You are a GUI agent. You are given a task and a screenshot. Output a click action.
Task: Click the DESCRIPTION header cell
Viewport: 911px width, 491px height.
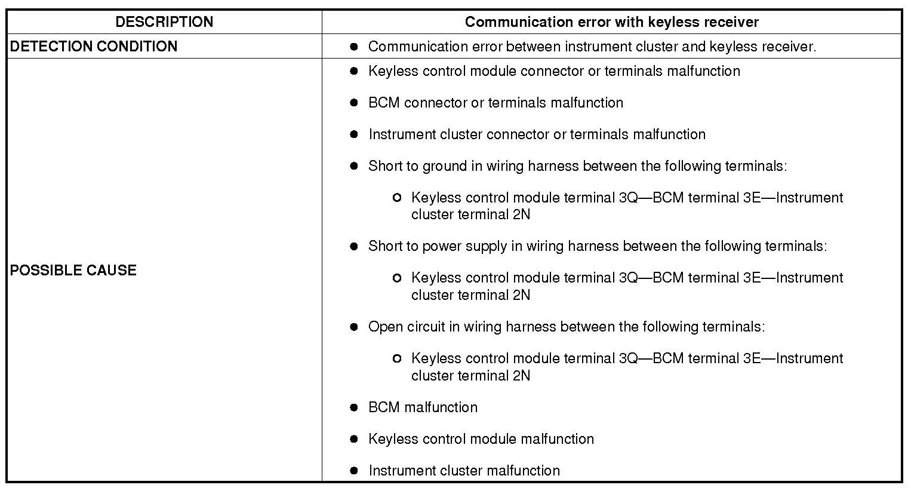pos(164,22)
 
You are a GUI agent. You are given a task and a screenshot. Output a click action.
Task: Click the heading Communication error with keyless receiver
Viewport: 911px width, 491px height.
pos(611,22)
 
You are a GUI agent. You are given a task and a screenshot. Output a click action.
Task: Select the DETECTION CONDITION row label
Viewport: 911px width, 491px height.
pos(94,47)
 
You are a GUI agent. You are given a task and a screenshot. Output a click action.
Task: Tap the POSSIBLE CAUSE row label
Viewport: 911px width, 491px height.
pos(73,270)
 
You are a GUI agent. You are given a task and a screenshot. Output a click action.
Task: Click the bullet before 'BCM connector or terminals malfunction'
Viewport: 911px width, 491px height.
pos(354,103)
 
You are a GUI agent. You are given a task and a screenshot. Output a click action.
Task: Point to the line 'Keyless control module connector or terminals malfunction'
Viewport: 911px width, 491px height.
pos(554,71)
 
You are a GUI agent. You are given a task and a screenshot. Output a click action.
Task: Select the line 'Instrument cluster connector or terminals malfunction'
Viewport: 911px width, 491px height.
pos(537,134)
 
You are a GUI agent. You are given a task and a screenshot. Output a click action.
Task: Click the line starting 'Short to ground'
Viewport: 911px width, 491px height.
pos(577,166)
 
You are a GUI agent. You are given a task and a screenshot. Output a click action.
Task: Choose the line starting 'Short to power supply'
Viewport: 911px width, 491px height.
pos(598,246)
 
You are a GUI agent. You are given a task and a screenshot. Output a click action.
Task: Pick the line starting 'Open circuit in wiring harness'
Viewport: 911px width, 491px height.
pos(566,327)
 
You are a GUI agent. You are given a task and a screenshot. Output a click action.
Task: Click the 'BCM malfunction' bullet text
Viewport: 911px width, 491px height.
pos(423,407)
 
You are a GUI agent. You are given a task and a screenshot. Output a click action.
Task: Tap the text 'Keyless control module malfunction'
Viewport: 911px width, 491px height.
pos(481,439)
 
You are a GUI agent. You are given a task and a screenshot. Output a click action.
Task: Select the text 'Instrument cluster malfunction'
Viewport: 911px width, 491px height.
pos(464,471)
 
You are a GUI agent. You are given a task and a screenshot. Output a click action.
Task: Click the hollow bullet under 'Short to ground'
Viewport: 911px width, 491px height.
pos(397,198)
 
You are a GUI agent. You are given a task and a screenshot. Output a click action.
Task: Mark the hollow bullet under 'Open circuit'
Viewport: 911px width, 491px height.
pos(397,358)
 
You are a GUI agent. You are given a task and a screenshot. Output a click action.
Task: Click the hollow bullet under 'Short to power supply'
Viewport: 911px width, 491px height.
pos(397,278)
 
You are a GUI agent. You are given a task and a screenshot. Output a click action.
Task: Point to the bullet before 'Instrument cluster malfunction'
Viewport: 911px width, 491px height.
pos(354,471)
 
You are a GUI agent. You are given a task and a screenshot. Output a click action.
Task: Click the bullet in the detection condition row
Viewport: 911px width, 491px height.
pos(354,47)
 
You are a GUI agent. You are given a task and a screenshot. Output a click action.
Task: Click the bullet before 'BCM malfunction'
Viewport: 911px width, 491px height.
pos(354,407)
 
